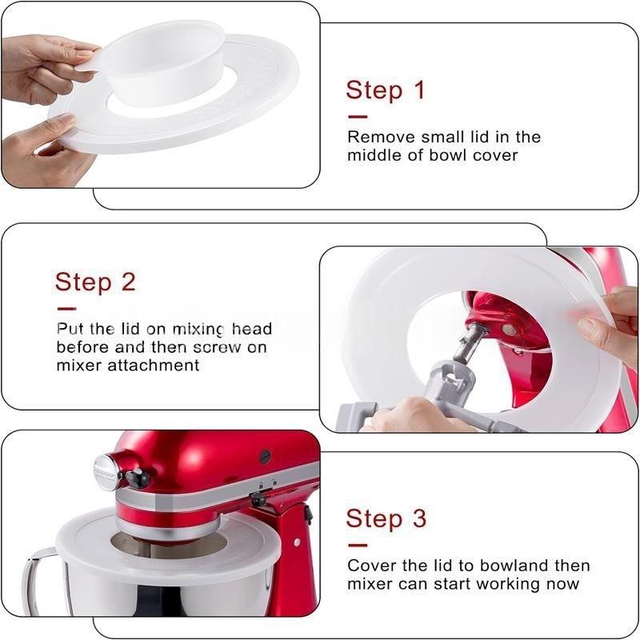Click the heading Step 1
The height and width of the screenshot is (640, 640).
pyautogui.click(x=386, y=90)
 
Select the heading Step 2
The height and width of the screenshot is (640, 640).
pyautogui.click(x=95, y=282)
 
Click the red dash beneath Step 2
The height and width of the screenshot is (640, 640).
pyautogui.click(x=66, y=309)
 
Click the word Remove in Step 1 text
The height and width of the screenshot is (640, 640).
pyautogui.click(x=375, y=137)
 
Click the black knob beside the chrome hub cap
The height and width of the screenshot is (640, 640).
pyautogui.click(x=138, y=478)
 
